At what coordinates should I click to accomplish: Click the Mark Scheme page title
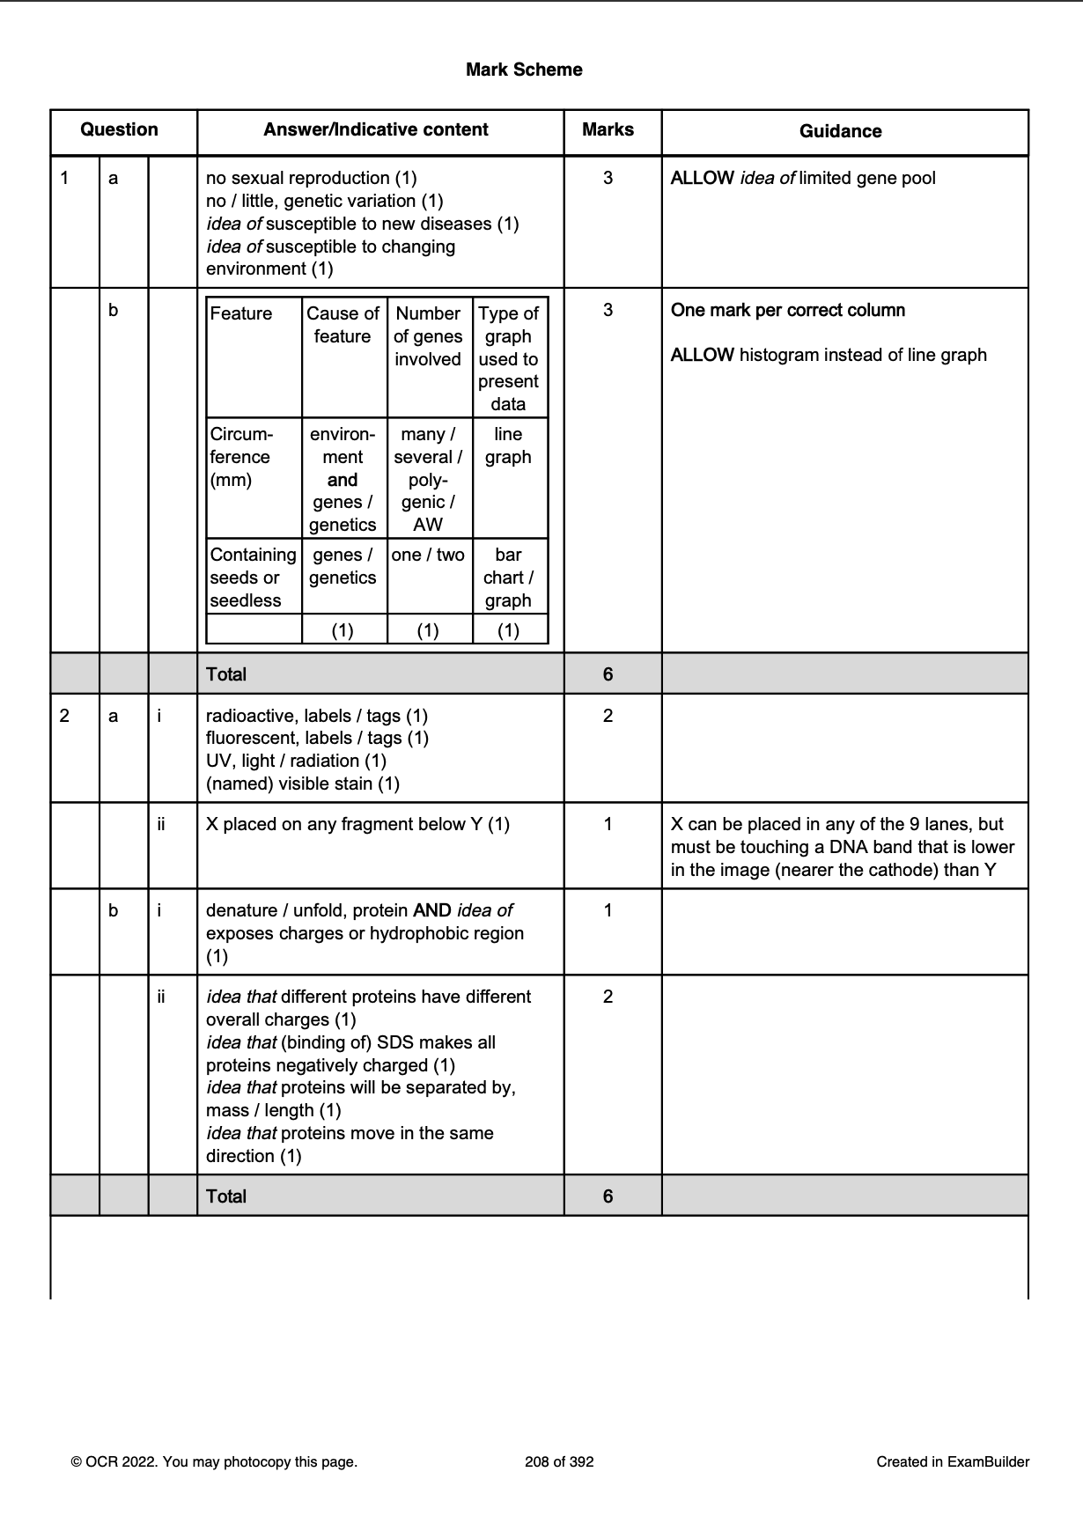524,70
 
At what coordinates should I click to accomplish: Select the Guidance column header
840,131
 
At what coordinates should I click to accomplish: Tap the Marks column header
608,129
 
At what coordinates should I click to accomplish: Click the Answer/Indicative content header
376,129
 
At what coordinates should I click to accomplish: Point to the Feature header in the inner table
241,314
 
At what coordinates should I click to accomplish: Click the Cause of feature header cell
343,325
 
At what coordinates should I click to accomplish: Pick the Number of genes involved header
428,336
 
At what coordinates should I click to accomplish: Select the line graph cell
508,445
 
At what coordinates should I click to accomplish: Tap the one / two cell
428,555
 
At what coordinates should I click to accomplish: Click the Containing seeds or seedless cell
253,578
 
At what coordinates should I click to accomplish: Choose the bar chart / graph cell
508,578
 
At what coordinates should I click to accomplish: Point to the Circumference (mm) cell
241,457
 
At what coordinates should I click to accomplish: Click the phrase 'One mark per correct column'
788,310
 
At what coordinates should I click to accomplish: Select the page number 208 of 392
559,1462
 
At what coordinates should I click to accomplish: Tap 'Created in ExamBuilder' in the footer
953,1462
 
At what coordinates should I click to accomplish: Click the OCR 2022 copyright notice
214,1462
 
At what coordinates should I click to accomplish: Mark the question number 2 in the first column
64,716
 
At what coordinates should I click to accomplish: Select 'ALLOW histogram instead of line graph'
829,355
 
